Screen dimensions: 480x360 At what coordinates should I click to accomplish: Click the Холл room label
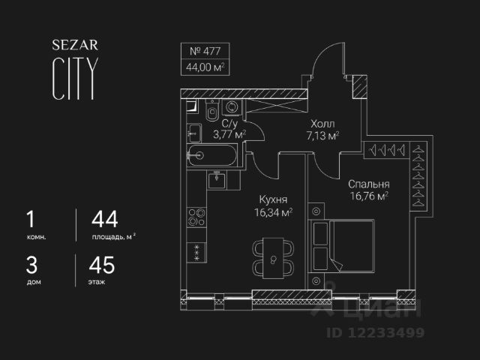coord(323,124)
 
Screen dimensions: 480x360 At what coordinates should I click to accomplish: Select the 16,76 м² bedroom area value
coord(367,196)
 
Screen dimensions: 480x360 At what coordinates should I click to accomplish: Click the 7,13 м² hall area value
coord(323,136)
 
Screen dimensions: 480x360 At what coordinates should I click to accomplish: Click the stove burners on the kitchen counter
coord(196,217)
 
